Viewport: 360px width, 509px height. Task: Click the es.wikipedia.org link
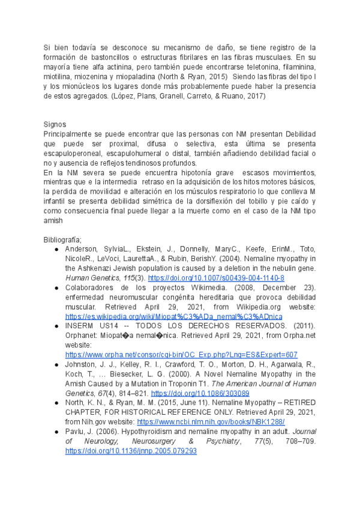(x=174, y=316)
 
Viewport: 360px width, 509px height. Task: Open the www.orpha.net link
(x=181, y=355)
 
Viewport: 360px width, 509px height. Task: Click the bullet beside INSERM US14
(x=56, y=326)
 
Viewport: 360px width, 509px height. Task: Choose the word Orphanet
(x=82, y=336)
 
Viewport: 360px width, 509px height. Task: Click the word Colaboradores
(x=91, y=288)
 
